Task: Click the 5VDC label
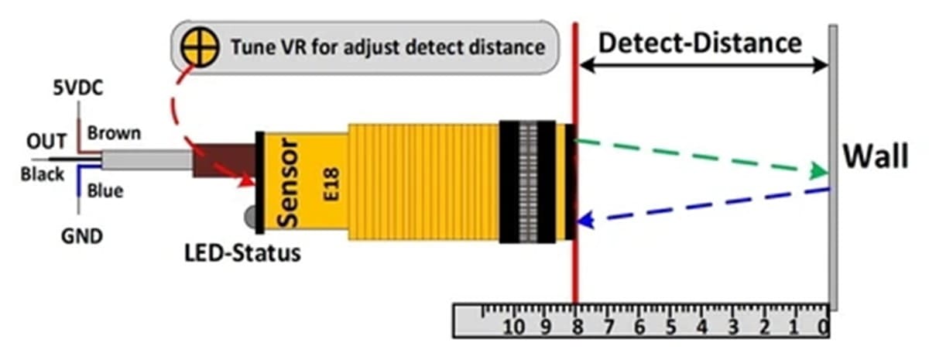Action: (x=78, y=88)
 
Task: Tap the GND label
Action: (x=82, y=236)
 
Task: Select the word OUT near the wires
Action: (x=46, y=142)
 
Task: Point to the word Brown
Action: (x=114, y=133)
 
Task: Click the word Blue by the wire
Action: (x=105, y=191)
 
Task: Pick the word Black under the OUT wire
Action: (x=43, y=174)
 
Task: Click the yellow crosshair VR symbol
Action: (x=200, y=47)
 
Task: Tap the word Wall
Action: (x=876, y=156)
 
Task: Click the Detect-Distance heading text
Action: (x=700, y=43)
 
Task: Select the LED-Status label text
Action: (x=242, y=253)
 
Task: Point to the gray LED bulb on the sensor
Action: (x=251, y=217)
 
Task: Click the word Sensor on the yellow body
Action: (x=288, y=183)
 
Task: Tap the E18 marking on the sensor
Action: (x=331, y=184)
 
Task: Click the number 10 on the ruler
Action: (x=514, y=327)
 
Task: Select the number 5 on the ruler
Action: (x=671, y=327)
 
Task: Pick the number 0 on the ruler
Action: (x=824, y=327)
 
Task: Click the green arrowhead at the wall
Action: (x=819, y=171)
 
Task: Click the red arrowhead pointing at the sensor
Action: (x=245, y=181)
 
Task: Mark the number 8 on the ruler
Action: (x=577, y=327)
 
